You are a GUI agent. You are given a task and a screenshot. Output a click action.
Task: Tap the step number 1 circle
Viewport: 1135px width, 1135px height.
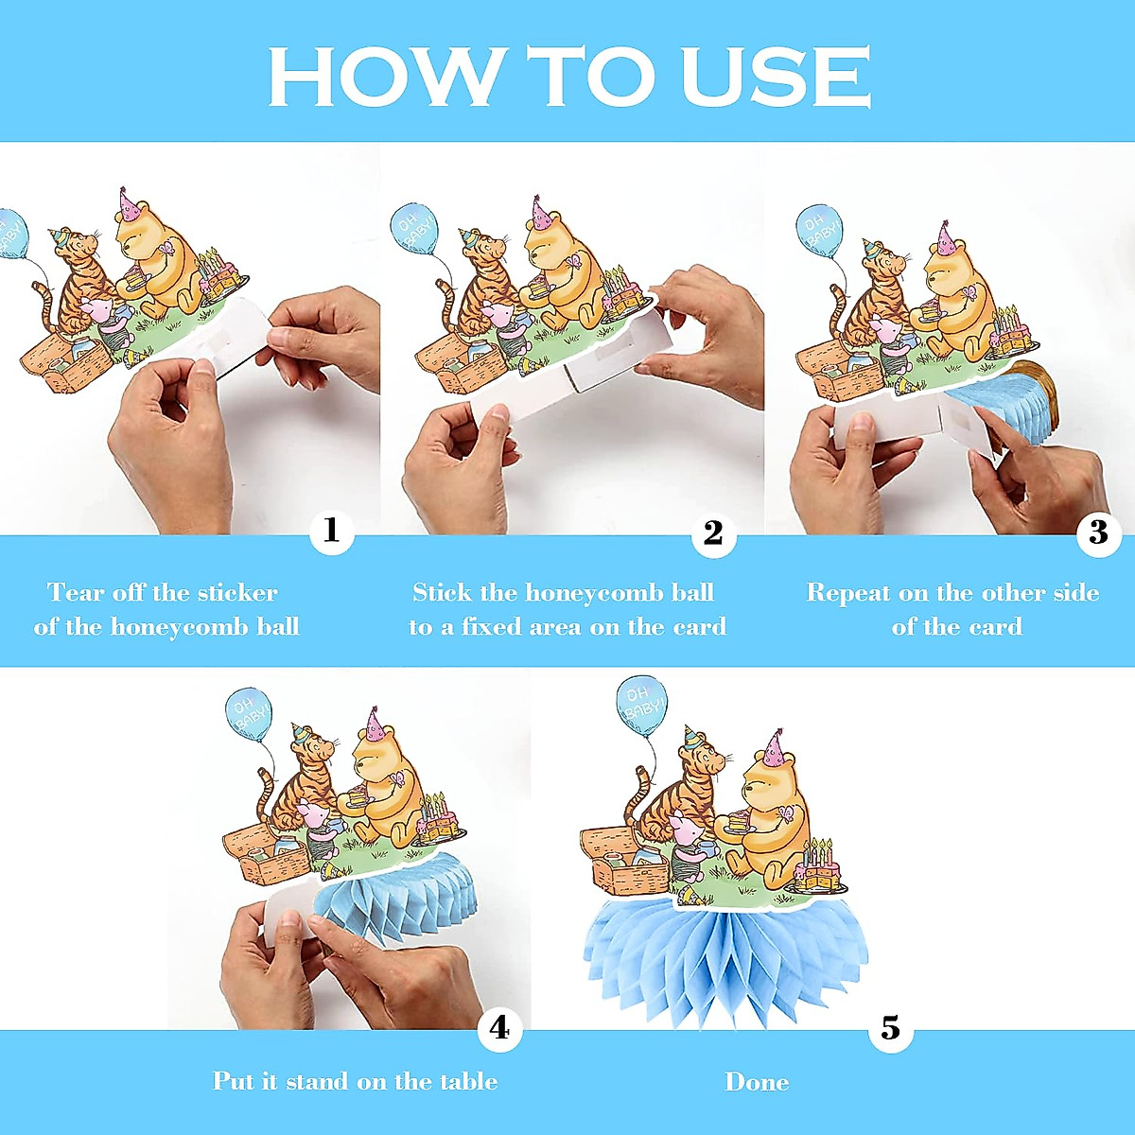pos(331,532)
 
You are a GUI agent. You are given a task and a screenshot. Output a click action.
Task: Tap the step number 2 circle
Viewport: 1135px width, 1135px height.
pos(713,533)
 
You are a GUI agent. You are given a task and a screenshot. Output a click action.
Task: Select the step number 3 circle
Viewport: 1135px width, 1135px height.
pos(1098,533)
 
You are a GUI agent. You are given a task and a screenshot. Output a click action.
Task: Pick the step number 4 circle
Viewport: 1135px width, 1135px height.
pos(499,1028)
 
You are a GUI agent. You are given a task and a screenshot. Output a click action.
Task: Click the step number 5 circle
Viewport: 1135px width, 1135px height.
pos(891,1028)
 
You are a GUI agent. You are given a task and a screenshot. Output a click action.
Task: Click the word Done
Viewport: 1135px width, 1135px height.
pos(757,1082)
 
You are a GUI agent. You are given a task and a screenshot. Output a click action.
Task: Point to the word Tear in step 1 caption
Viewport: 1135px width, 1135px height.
pos(76,593)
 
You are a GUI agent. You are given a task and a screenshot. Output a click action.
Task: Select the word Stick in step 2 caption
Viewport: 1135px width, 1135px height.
pos(441,593)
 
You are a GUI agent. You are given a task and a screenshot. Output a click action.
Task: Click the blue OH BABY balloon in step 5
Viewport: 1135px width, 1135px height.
pos(642,706)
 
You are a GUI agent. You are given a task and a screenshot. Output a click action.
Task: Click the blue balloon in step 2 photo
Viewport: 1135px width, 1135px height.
pos(414,229)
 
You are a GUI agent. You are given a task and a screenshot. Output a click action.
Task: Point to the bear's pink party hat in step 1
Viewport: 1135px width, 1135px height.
pos(129,205)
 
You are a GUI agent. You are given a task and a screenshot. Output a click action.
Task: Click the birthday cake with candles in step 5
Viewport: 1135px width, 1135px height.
pos(819,866)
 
